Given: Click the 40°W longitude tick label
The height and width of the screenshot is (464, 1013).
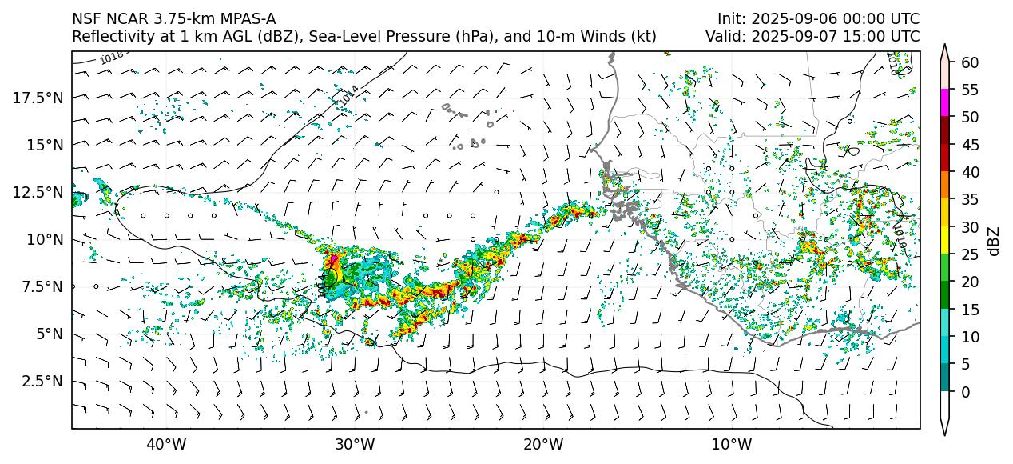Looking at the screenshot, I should [166, 445].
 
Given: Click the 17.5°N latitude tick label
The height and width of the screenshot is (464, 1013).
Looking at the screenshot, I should [40, 98].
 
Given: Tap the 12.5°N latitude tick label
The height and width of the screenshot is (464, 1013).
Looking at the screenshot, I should [40, 192].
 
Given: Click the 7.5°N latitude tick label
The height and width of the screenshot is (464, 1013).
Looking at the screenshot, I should [43, 286].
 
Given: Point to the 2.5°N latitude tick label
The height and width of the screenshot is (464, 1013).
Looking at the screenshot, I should [43, 381].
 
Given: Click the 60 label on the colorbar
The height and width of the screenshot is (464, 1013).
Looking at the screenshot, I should [970, 62].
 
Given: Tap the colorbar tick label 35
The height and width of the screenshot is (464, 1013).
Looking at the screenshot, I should [970, 200].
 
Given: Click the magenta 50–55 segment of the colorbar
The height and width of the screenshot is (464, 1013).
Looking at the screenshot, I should [946, 103].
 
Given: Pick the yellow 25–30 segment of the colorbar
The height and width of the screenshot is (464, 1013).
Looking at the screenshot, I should [946, 241].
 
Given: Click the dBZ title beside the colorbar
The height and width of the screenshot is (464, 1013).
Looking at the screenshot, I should [994, 241].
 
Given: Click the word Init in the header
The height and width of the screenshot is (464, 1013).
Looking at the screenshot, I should [729, 18].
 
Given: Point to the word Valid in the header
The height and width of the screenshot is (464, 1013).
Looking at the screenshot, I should [723, 36].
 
